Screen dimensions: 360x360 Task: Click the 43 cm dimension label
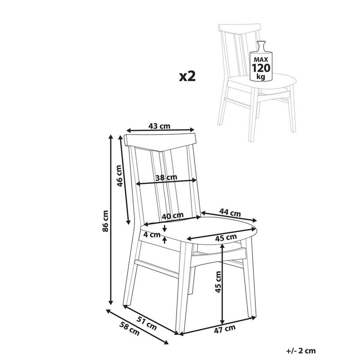click(159, 126)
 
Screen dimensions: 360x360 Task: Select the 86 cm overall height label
click(105, 221)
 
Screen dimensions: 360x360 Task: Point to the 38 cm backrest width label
click(166, 177)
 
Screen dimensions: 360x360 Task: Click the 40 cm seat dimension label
click(173, 216)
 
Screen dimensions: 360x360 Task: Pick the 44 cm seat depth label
click(230, 212)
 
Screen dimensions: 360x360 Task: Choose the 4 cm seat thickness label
click(152, 235)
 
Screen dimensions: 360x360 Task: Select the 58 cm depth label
click(130, 329)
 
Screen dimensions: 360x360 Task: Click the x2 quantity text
click(187, 76)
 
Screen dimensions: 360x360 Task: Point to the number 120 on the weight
click(261, 68)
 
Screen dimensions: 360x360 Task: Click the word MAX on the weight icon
click(261, 60)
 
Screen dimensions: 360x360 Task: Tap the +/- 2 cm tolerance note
click(301, 351)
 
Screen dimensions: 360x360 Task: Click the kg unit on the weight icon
click(261, 76)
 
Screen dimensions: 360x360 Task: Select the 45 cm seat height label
click(218, 282)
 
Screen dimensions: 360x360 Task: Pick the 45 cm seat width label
click(226, 238)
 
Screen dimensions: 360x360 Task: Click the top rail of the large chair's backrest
click(160, 142)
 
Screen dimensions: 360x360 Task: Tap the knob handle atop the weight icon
click(261, 43)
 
